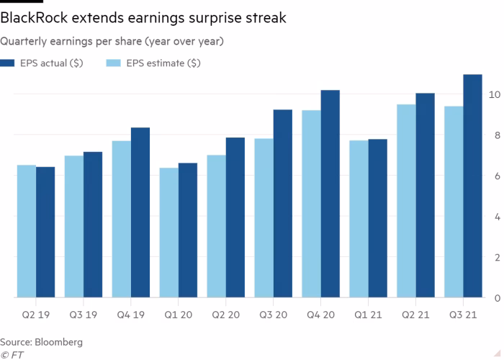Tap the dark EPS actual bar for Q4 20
click(x=330, y=194)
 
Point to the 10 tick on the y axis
click(x=495, y=94)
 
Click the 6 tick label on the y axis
click(x=495, y=176)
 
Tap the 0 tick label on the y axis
click(x=495, y=297)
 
